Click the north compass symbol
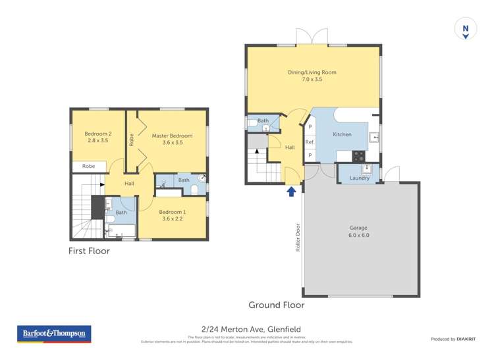coord(465,29)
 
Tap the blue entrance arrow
coord(291,192)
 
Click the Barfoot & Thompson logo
coord(54,334)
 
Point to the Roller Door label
coord(298,238)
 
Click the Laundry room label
coord(359,178)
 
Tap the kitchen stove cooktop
coord(359,156)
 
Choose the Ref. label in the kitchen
coord(310,142)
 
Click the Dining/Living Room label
coord(312,75)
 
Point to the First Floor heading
coord(89,251)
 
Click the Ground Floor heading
coord(276,305)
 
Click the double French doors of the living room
coord(312,38)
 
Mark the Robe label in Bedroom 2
coord(88,167)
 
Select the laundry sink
coord(368,169)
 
